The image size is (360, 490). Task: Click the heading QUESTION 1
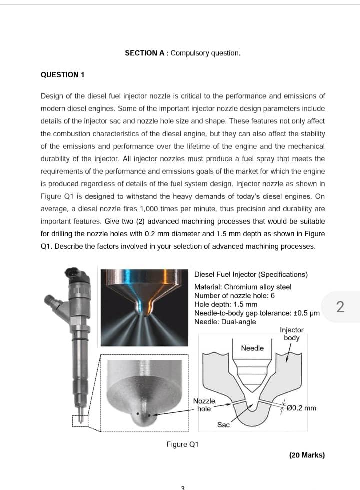point(62,75)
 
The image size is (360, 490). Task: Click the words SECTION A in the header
point(146,53)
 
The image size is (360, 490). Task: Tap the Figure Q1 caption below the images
point(182,444)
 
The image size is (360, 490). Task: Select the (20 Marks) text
point(307,455)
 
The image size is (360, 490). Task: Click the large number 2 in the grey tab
point(340,306)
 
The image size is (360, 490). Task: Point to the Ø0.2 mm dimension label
point(299,408)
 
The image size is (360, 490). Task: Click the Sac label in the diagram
point(223,425)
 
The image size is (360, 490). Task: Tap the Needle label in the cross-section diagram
point(252,348)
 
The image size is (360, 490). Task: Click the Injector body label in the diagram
point(291,334)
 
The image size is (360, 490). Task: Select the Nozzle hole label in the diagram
point(204,405)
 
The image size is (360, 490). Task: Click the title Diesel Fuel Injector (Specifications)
point(251,274)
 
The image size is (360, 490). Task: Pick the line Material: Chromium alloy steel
point(242,287)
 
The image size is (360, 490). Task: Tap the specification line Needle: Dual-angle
point(225,322)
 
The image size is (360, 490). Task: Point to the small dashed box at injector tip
point(80,421)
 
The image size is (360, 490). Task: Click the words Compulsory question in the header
point(205,53)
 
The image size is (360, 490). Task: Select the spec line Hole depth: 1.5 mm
point(226,304)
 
